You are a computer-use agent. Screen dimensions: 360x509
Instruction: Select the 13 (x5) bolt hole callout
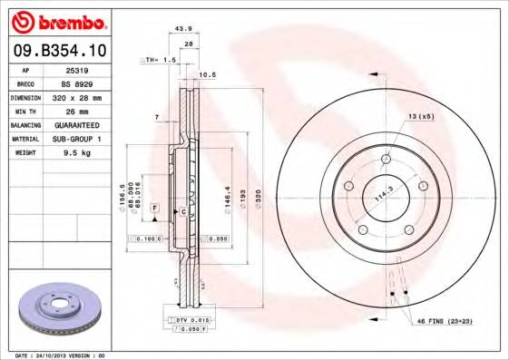tap(421, 118)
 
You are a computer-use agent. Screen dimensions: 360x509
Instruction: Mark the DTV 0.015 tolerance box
tap(190, 321)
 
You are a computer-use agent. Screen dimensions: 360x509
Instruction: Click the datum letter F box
tap(155, 209)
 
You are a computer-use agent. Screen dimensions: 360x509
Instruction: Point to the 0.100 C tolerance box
tap(143, 238)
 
